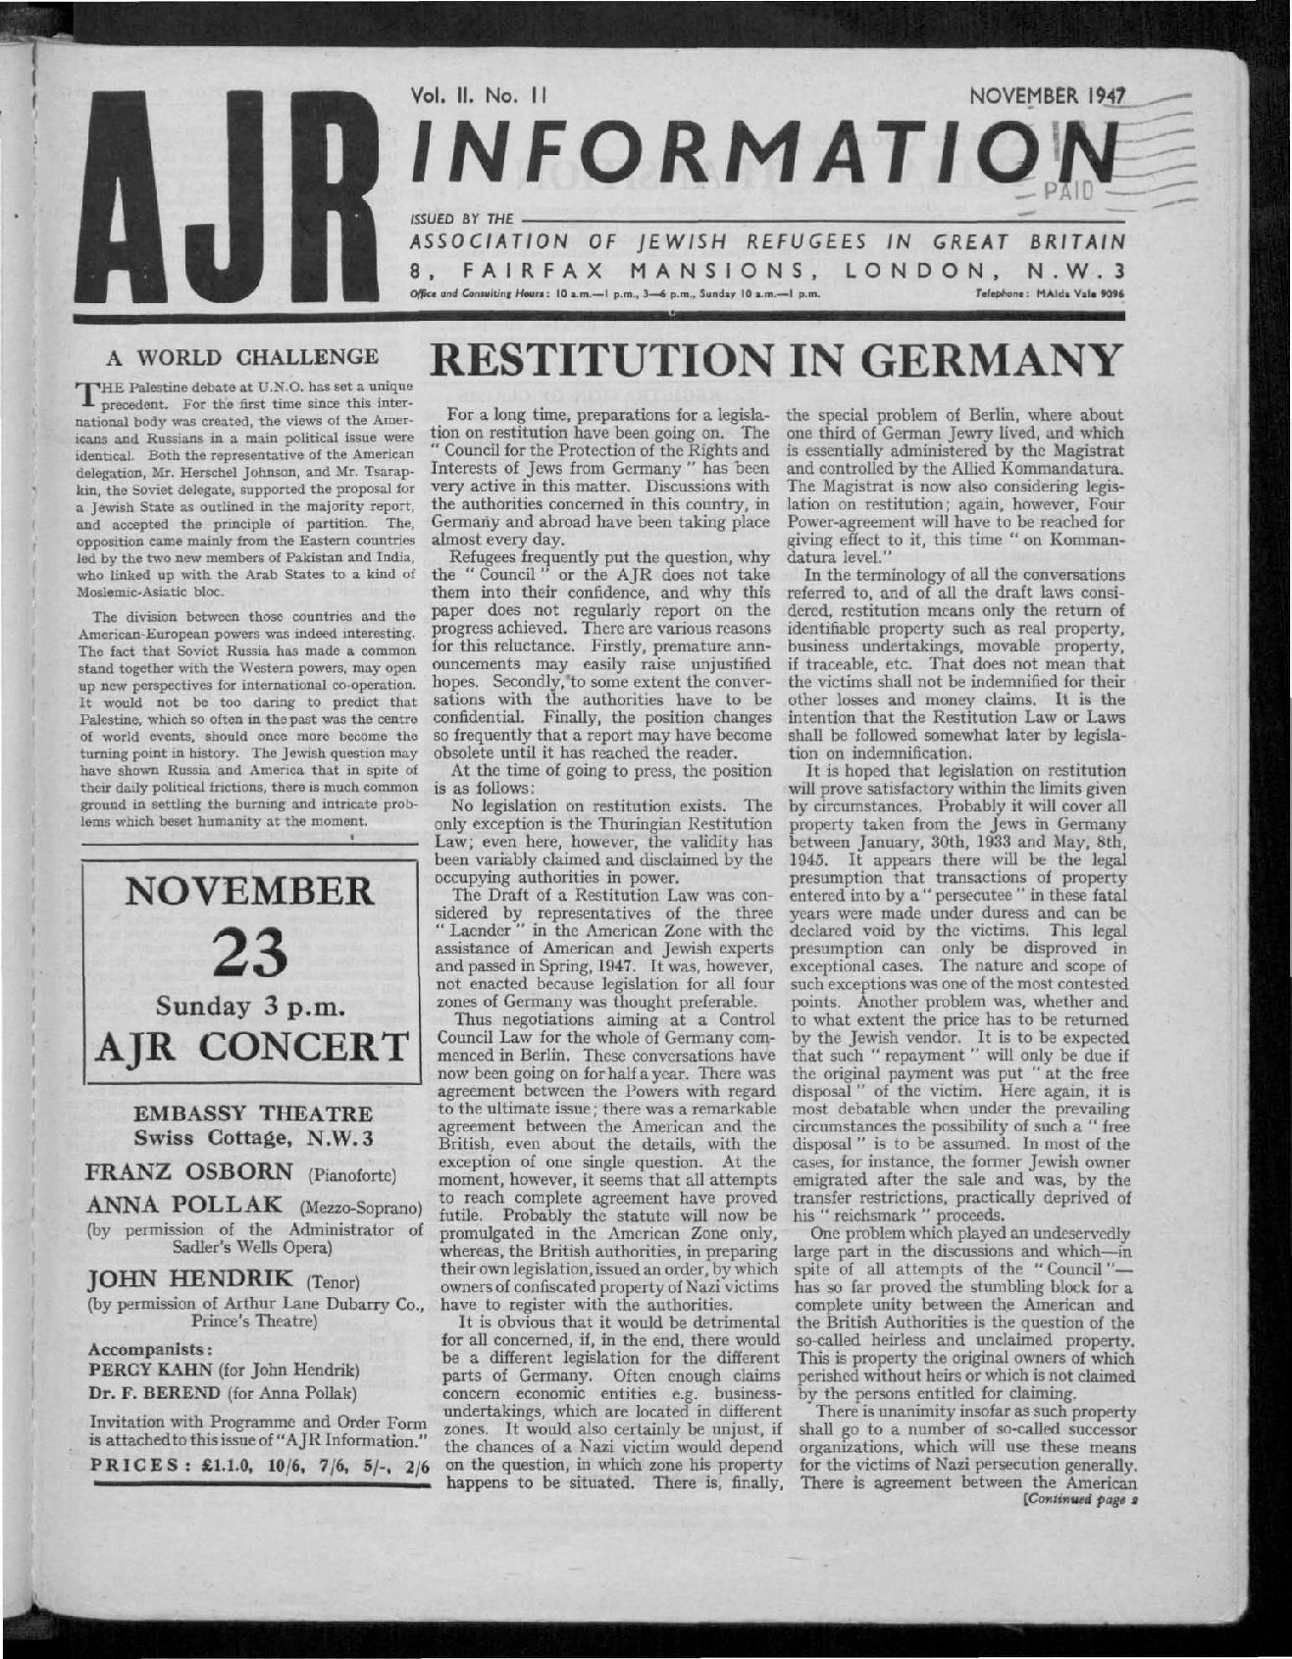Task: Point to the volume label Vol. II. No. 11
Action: point(480,96)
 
